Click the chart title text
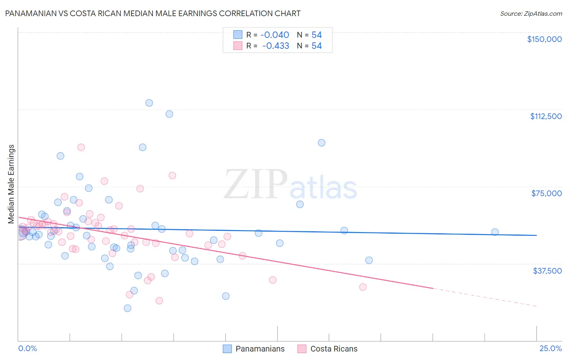tap(152, 13)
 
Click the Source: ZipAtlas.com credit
tap(531, 13)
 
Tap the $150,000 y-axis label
tap(544, 39)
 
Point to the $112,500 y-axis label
tap(546, 116)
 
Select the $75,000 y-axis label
tap(546, 193)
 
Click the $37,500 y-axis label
tap(547, 271)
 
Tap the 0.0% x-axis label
tap(27, 348)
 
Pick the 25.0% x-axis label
tap(550, 348)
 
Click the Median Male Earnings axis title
tap(11, 184)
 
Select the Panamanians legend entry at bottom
tap(254, 349)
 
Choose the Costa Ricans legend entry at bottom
tap(327, 349)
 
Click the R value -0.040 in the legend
tap(275, 35)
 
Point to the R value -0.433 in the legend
tap(275, 46)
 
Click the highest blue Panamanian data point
tap(149, 103)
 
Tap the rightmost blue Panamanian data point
tap(495, 232)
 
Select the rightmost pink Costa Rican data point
tap(363, 287)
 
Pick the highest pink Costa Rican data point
tap(81, 147)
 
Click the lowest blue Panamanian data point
tap(127, 308)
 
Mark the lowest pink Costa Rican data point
tap(159, 301)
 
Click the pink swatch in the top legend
tap(238, 46)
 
